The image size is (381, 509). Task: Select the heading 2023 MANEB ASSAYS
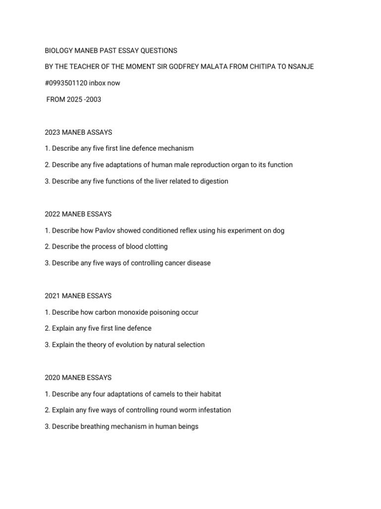coord(78,132)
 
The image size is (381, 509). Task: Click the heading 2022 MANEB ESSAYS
coord(78,214)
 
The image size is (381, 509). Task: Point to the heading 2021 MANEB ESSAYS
coord(78,296)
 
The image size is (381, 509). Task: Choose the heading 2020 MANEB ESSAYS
coord(78,377)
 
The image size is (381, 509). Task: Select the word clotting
coord(155,247)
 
